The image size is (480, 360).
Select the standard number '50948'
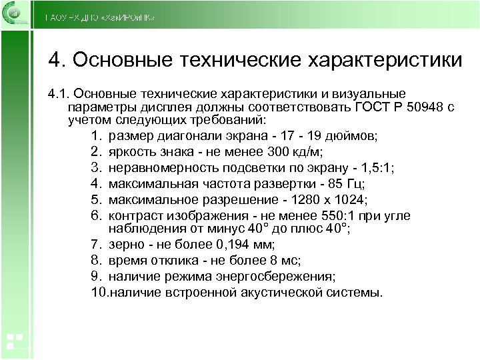click(423, 107)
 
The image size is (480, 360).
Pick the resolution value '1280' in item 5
click(296, 199)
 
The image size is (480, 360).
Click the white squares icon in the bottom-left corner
click(15, 340)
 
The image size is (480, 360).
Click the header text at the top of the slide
click(100, 17)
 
